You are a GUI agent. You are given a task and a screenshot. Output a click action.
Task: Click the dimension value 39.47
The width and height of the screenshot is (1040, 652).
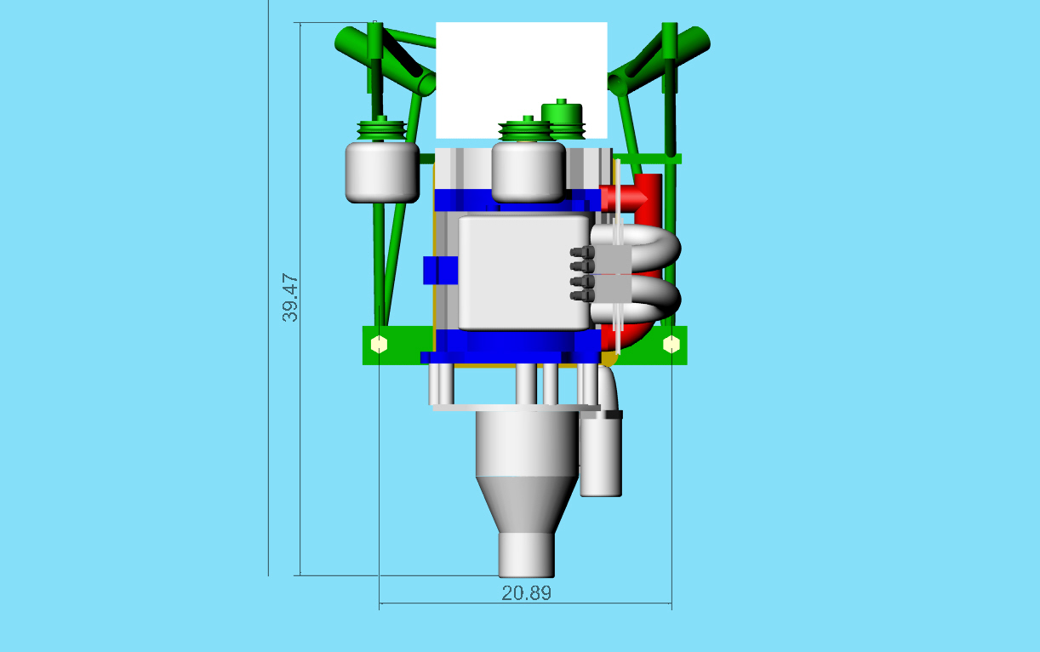pyautogui.click(x=290, y=298)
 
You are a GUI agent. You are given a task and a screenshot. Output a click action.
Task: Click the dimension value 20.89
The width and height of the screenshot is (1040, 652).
pyautogui.click(x=527, y=593)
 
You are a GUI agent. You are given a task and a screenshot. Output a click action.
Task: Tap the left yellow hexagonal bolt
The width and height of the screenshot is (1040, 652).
pyautogui.click(x=380, y=344)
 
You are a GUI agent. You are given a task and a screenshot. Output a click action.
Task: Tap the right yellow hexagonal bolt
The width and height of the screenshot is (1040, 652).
pyautogui.click(x=671, y=344)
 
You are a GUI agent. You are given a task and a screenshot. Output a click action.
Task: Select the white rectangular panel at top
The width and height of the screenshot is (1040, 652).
pyautogui.click(x=522, y=80)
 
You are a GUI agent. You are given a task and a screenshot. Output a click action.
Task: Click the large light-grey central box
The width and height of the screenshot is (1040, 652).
pyautogui.click(x=524, y=272)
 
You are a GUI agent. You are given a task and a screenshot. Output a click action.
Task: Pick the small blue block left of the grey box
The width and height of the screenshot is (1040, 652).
pyautogui.click(x=440, y=271)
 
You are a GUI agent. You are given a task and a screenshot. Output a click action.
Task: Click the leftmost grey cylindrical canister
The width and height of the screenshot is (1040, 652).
pyautogui.click(x=382, y=172)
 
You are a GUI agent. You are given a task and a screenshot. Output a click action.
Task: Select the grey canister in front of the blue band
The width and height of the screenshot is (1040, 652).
pyautogui.click(x=529, y=172)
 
